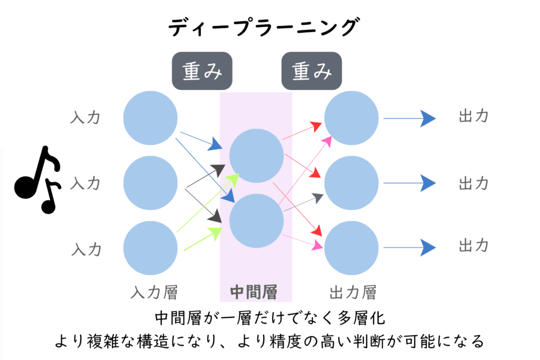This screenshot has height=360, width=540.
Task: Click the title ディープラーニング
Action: (263, 26)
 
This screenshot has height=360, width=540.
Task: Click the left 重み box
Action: (202, 71)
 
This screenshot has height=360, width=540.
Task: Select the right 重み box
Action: (311, 71)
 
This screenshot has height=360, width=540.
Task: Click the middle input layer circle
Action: (150, 182)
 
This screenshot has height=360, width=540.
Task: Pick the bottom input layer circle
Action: (150, 248)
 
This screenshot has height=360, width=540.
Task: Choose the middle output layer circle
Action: (351, 182)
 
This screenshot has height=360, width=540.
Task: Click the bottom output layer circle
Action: (351, 248)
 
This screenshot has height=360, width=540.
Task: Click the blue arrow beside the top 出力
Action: (409, 118)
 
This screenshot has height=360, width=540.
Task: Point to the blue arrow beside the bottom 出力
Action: (409, 246)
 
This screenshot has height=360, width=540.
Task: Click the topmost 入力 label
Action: (85, 117)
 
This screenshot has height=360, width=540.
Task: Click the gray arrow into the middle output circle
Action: (303, 203)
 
